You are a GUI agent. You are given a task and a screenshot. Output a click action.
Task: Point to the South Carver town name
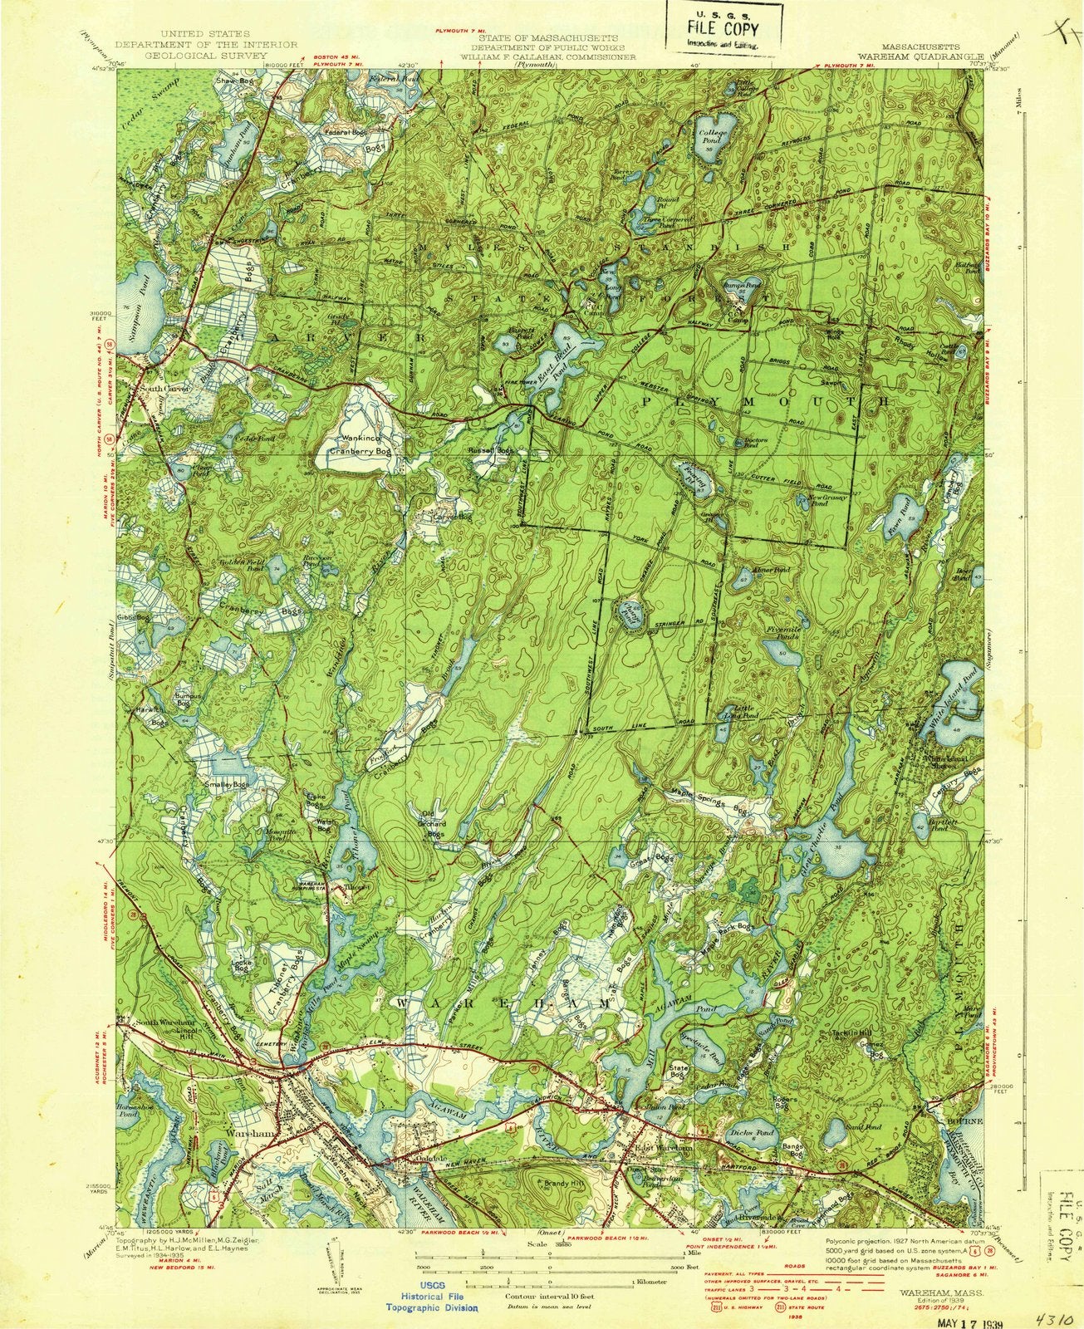pos(165,389)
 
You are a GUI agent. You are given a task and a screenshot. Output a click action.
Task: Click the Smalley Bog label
pos(230,785)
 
